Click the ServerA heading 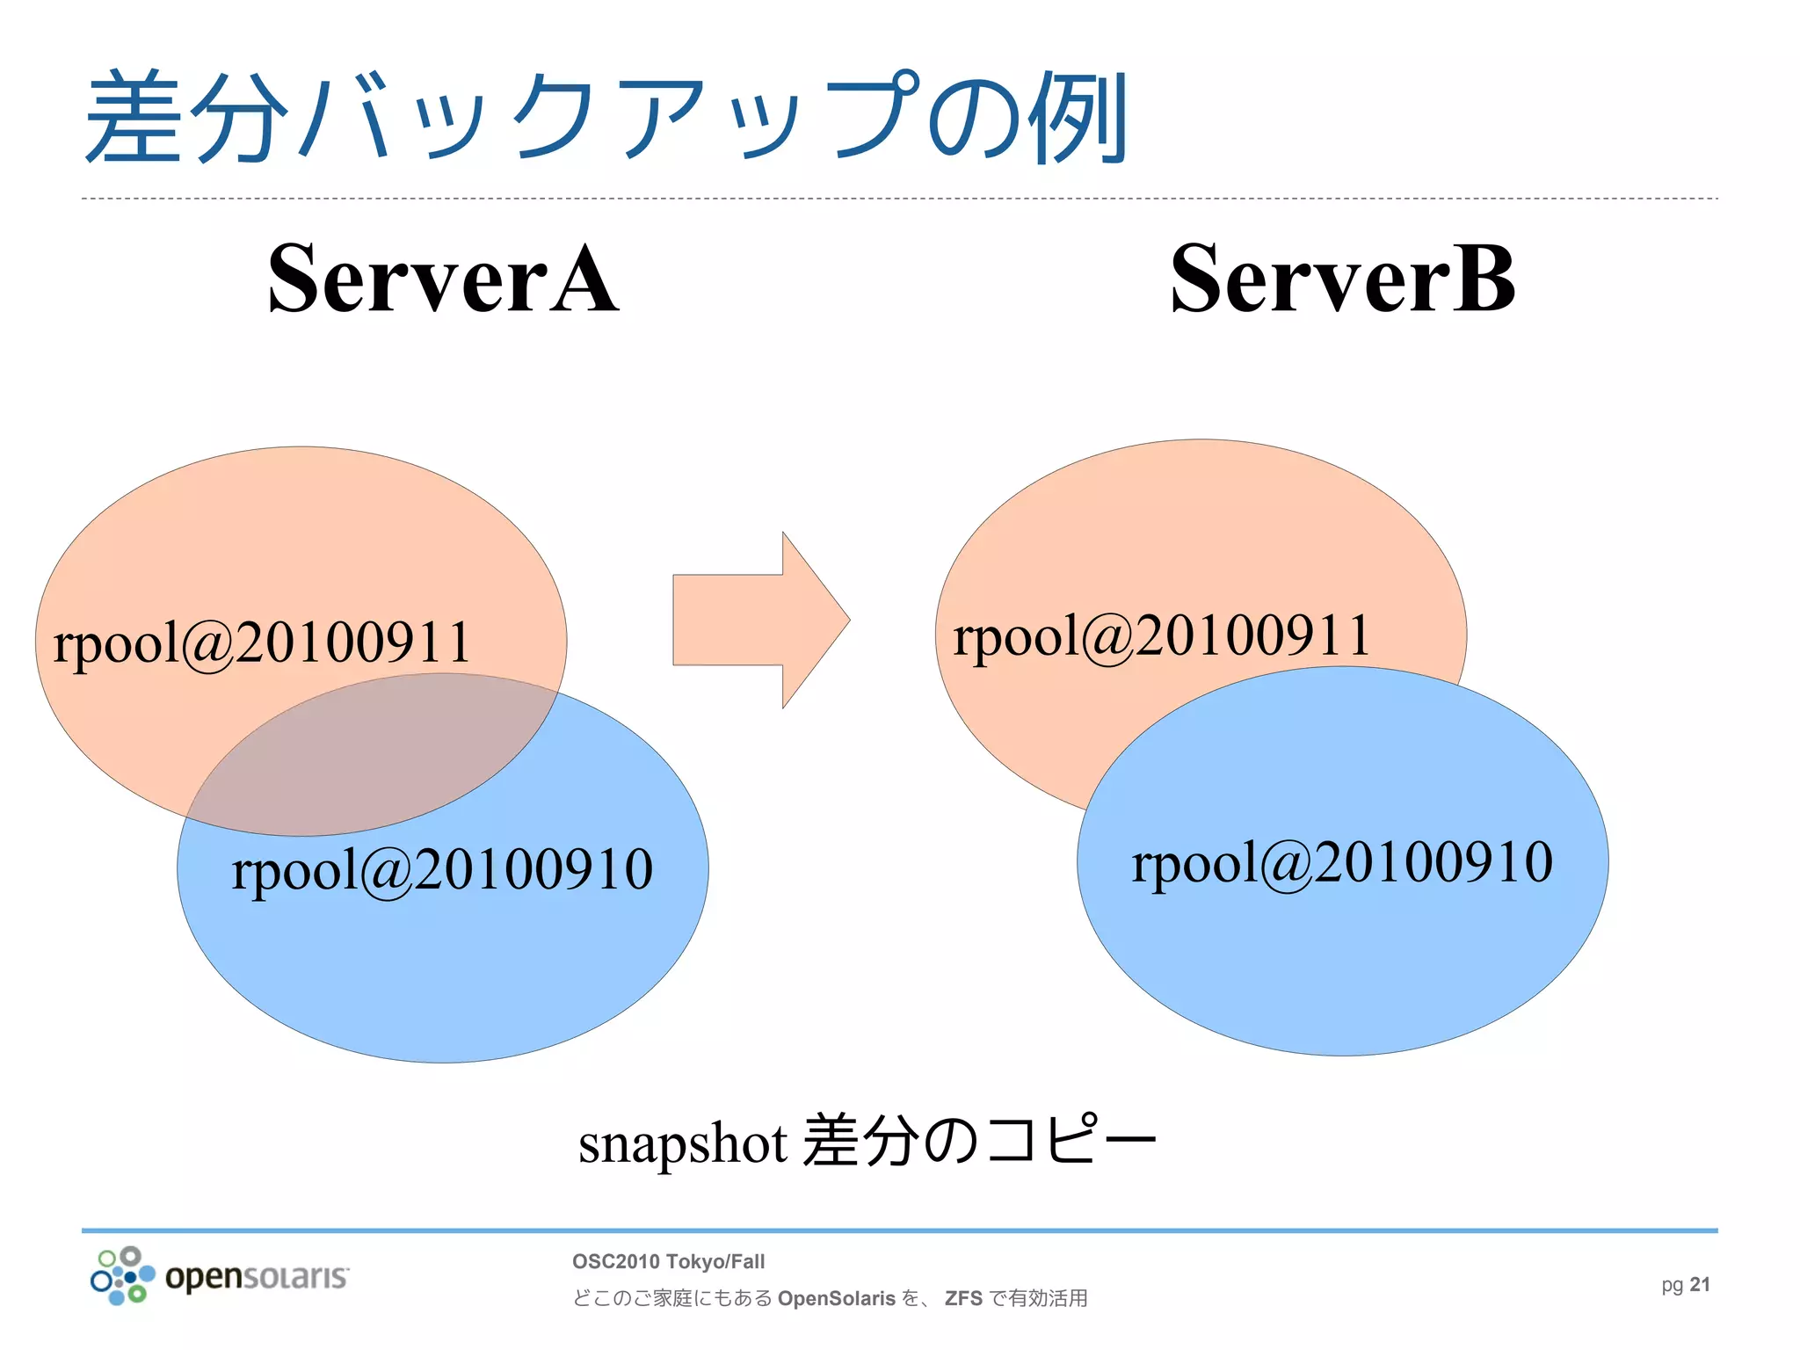443,279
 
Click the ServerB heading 1342,279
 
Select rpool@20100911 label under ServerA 262,643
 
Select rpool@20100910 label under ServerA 442,870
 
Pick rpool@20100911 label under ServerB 1162,636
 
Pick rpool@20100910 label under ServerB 1342,863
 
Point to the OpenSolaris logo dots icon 122,1275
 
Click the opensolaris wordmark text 257,1276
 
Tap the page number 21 1700,1285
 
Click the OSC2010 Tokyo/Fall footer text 668,1261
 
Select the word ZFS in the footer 963,1298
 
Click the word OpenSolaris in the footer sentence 836,1298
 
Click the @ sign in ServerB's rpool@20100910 1287,865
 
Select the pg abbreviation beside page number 1672,1285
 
